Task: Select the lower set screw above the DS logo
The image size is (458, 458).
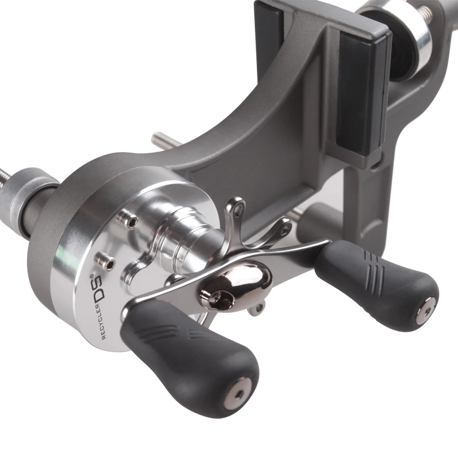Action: (106, 262)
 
